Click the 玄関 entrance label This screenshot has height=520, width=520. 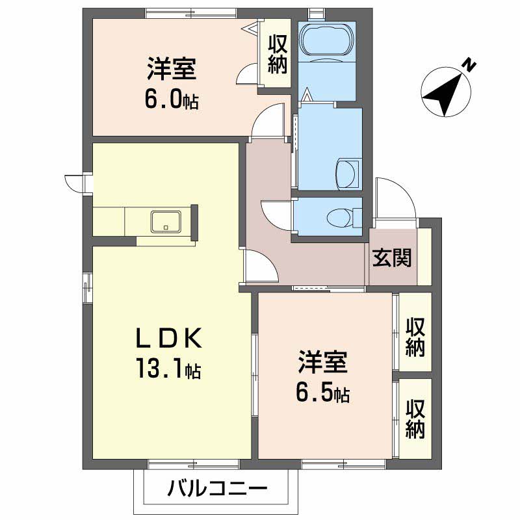pyautogui.click(x=392, y=258)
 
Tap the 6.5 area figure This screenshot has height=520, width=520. pyautogui.click(x=323, y=393)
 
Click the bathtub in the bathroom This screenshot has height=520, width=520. pyautogui.click(x=327, y=41)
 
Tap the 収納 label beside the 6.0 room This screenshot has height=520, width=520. pyautogui.click(x=277, y=55)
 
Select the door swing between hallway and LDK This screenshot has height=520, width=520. pyautogui.click(x=257, y=265)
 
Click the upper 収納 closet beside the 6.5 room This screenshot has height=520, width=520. pyautogui.click(x=415, y=337)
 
